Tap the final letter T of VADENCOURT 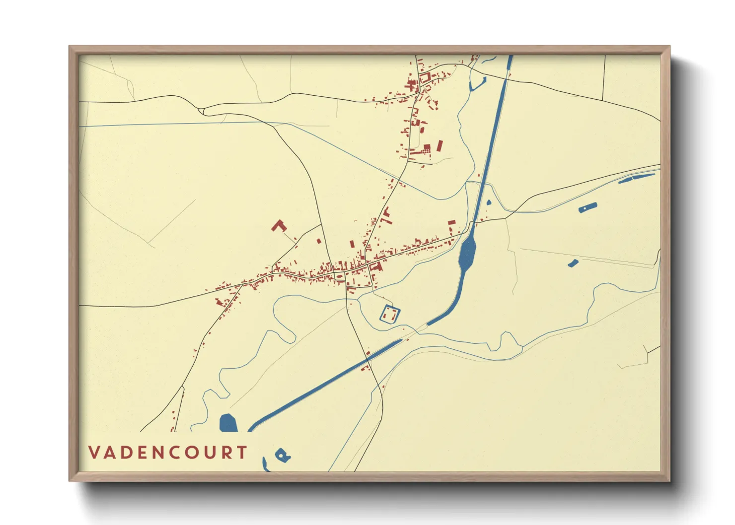242,453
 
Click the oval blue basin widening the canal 467,252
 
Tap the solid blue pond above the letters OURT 228,423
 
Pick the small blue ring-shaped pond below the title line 282,455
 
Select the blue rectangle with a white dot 588,207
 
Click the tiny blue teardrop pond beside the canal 489,202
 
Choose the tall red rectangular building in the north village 440,146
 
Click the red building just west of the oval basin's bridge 451,223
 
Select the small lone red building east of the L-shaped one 319,241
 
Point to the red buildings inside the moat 390,314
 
